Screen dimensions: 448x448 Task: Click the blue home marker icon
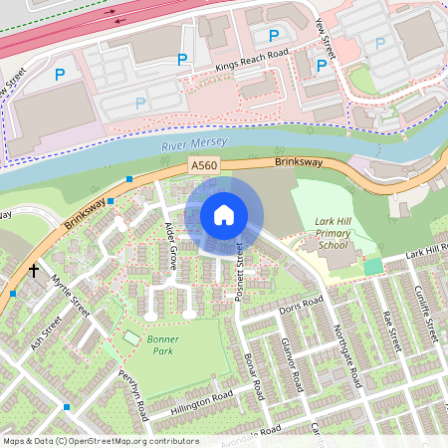click(x=224, y=215)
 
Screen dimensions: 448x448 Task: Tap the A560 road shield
click(x=202, y=165)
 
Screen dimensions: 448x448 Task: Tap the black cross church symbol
click(x=33, y=270)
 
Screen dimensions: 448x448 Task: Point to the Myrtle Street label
click(x=71, y=297)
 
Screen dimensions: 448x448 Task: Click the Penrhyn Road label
click(x=132, y=392)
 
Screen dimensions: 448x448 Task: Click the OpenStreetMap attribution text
click(x=101, y=440)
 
